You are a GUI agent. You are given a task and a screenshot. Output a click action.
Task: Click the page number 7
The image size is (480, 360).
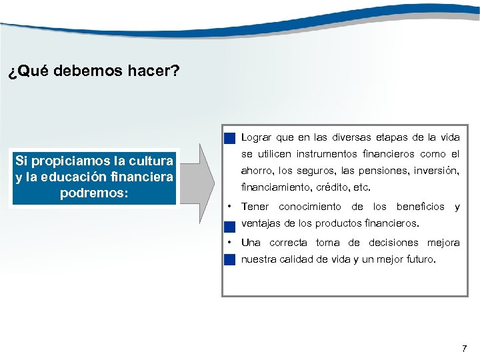pos(465,348)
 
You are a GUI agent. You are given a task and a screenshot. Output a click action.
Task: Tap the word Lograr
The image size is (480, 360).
pos(256,137)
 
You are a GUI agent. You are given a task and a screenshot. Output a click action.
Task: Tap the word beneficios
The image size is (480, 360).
pos(420,207)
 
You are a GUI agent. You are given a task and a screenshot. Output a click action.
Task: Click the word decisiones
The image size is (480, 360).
pos(394,243)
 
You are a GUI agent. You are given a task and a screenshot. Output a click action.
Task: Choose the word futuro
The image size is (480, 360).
pos(420,259)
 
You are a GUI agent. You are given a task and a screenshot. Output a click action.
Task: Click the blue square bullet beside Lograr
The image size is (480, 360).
pos(229,139)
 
